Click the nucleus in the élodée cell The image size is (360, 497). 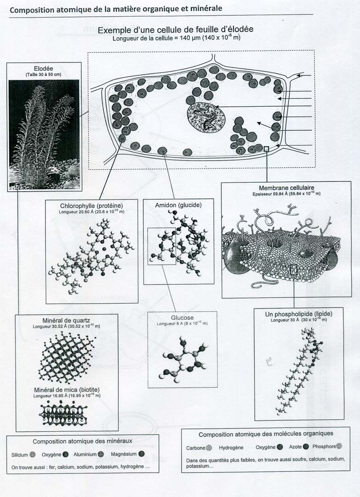(206, 117)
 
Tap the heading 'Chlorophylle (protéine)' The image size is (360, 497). (91, 206)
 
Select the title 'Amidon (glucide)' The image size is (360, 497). (178, 205)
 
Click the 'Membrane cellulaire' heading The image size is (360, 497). (286, 188)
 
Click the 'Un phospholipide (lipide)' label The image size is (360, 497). (298, 314)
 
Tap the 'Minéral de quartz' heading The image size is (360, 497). (66, 320)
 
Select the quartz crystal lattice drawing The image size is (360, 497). (67, 357)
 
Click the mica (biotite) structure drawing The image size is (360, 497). (63, 413)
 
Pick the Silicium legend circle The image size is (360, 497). (32, 455)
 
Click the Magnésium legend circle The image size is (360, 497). (142, 454)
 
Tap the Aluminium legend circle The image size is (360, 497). (101, 454)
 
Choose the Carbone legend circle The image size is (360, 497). (209, 448)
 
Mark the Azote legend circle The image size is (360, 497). (306, 447)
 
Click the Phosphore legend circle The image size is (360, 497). (339, 446)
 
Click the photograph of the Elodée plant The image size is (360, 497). (44, 134)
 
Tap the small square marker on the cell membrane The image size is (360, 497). (266, 148)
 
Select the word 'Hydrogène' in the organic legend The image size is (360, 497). (231, 448)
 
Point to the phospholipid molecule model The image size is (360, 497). (299, 371)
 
